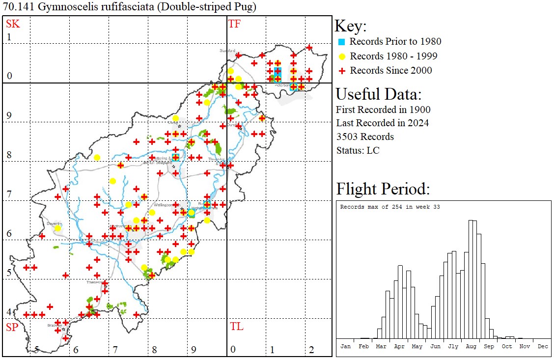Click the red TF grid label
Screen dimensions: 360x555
(x=234, y=24)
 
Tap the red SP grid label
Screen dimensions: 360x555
(x=11, y=327)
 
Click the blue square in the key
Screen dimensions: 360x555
(x=342, y=42)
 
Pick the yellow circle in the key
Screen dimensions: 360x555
(x=342, y=56)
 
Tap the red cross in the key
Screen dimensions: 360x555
(x=342, y=71)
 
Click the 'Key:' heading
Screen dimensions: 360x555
(x=350, y=26)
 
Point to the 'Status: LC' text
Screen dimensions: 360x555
(x=358, y=150)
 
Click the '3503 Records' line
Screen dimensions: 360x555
(x=365, y=137)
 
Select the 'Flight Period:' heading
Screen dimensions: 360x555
(x=383, y=189)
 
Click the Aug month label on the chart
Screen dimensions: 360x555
(x=471, y=346)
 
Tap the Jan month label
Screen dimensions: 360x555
(x=346, y=346)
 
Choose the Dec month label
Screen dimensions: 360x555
(x=543, y=346)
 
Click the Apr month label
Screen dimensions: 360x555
(x=399, y=346)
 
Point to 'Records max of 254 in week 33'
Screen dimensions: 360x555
(x=390, y=207)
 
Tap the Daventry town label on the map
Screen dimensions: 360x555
(x=53, y=223)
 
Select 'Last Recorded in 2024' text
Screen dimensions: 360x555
(x=382, y=123)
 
